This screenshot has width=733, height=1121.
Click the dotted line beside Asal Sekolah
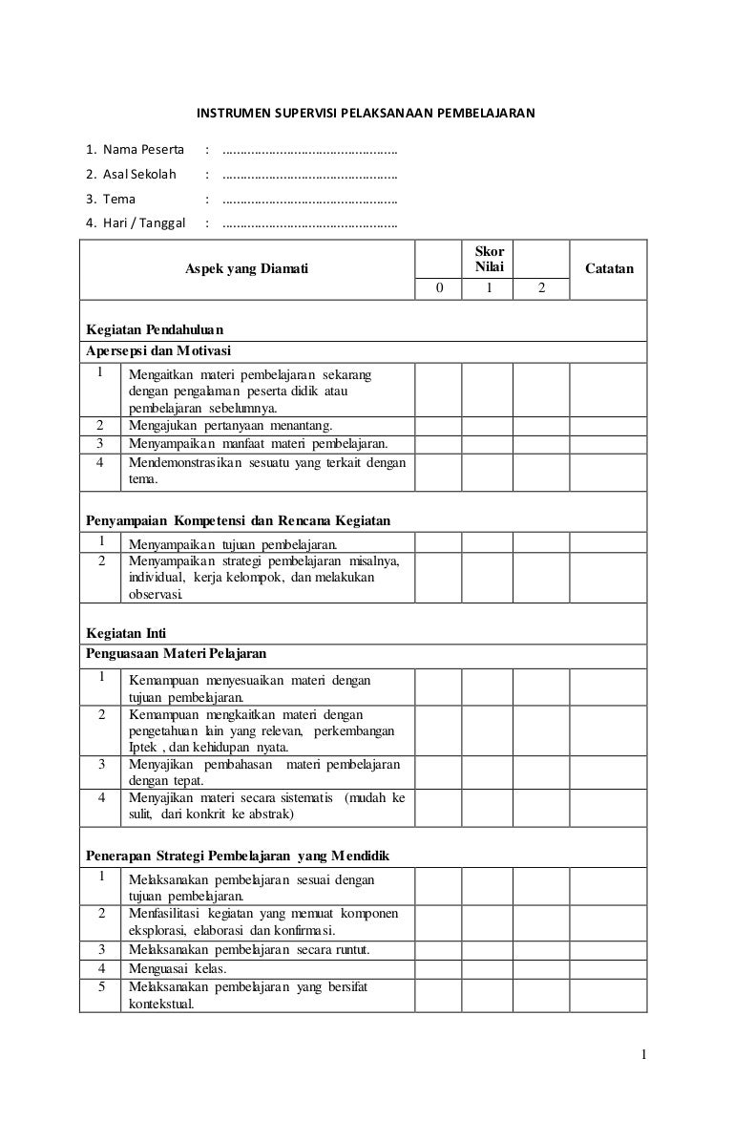click(309, 176)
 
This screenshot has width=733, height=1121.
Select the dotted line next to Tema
click(309, 201)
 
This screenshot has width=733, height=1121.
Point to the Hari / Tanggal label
click(136, 224)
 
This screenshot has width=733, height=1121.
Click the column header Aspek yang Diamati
click(246, 270)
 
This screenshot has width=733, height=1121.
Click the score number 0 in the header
click(439, 288)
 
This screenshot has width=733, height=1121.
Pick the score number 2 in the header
click(541, 288)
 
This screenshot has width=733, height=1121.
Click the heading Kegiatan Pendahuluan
click(154, 330)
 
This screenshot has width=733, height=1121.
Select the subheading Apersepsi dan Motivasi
click(158, 350)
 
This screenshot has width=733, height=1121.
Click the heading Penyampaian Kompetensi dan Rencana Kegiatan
click(239, 520)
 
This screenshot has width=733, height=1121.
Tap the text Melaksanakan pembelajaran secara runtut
click(248, 950)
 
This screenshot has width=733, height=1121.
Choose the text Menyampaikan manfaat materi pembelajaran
click(258, 444)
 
